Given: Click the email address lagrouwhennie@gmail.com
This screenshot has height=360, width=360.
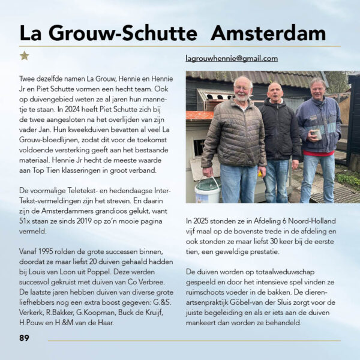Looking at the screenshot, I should (232, 58).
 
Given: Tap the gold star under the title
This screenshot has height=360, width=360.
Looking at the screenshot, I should (24, 56).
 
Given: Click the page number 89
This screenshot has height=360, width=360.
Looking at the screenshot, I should (24, 338).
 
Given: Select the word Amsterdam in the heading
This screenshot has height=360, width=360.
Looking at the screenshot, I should (268, 32).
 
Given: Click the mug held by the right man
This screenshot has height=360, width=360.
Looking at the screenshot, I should (317, 134).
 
